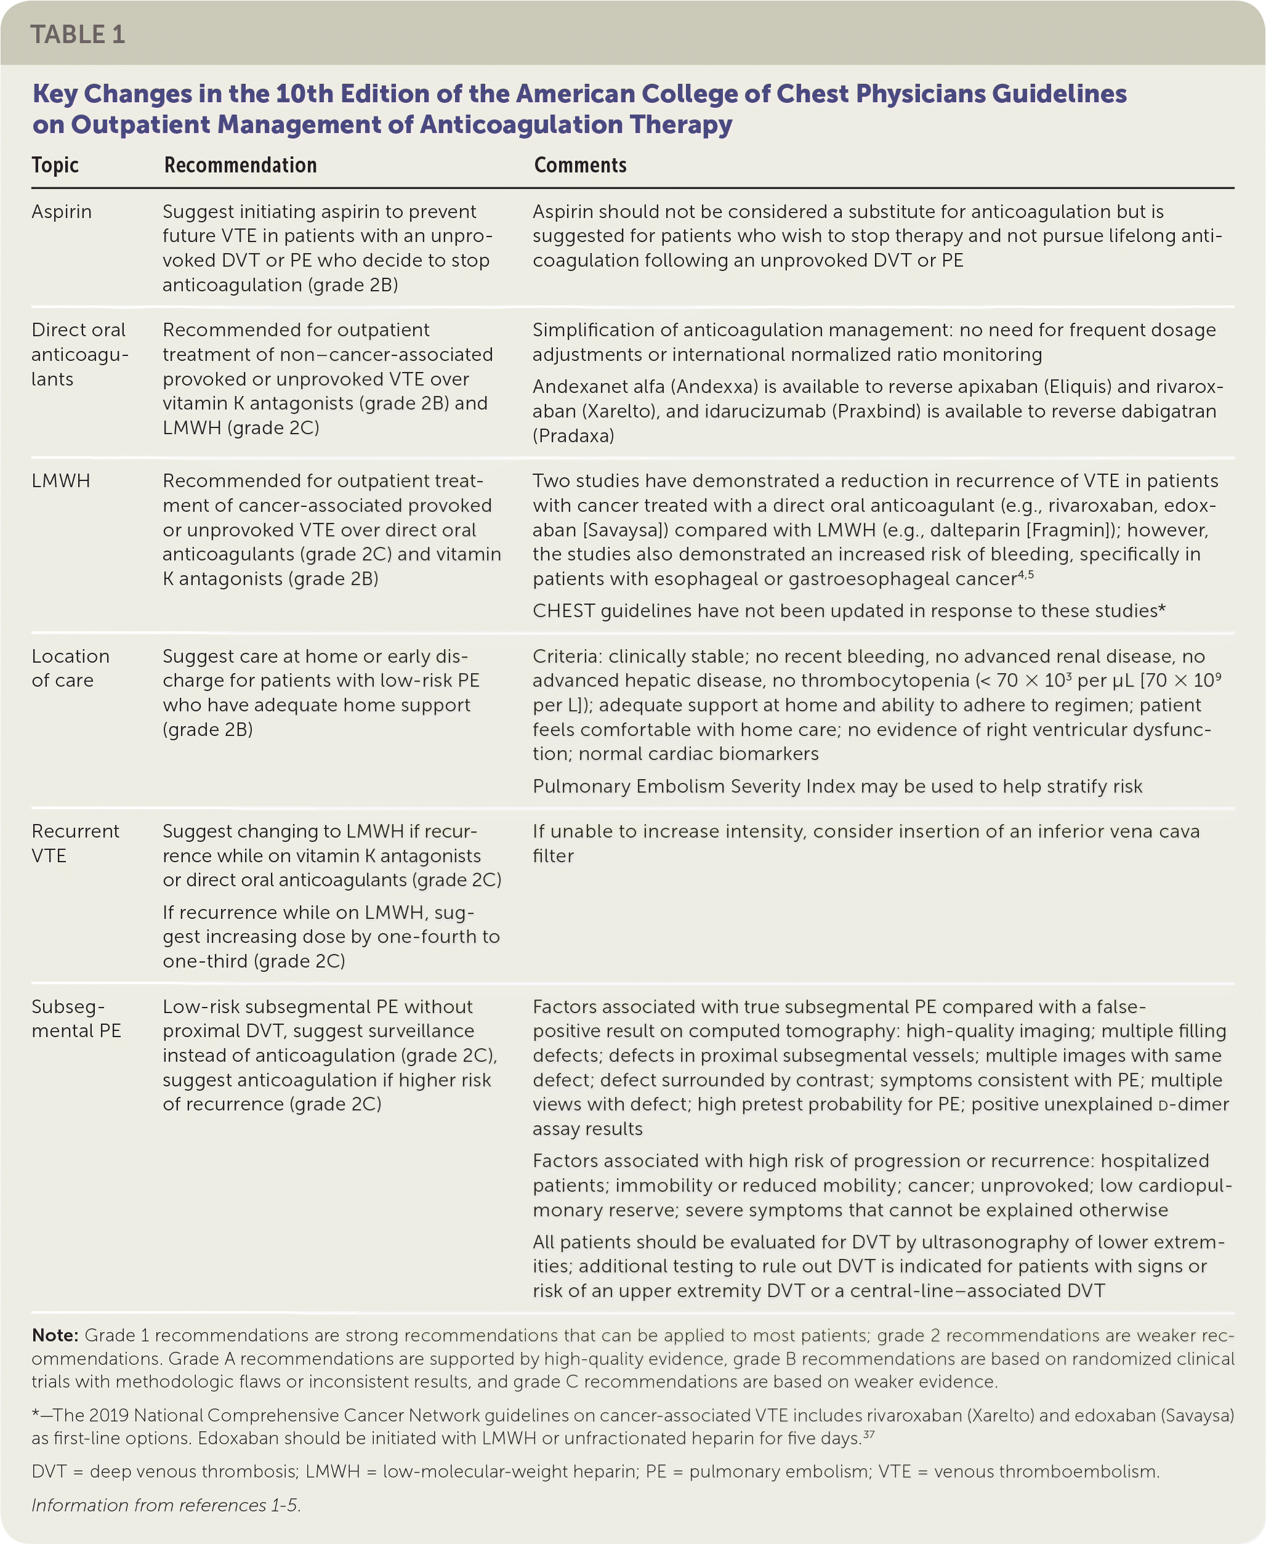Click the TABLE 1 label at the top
pyautogui.click(x=78, y=34)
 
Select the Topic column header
pyautogui.click(x=55, y=166)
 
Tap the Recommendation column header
pyautogui.click(x=240, y=166)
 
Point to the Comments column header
pyautogui.click(x=580, y=166)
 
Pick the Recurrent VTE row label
pyautogui.click(x=75, y=844)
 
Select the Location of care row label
pyautogui.click(x=70, y=669)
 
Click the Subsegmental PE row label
pyautogui.click(x=76, y=1019)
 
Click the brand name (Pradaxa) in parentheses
pyautogui.click(x=573, y=436)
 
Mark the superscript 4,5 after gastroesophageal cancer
pyautogui.click(x=1026, y=575)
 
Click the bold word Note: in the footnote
pyautogui.click(x=55, y=1335)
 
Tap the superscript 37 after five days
pyautogui.click(x=869, y=1434)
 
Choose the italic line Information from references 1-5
pyautogui.click(x=166, y=1505)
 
